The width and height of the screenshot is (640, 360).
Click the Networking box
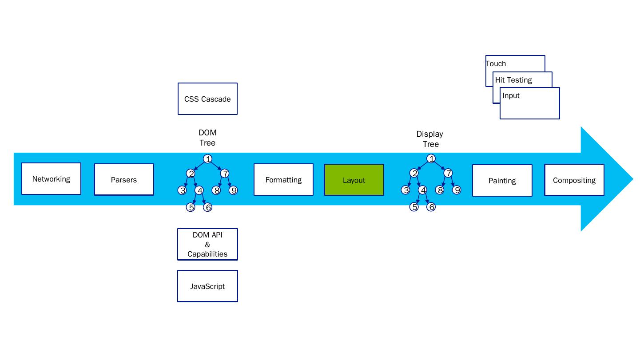tap(51, 179)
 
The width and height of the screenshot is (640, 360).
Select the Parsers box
tap(124, 180)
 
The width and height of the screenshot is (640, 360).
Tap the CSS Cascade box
tap(207, 99)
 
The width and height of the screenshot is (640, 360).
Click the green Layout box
tap(354, 180)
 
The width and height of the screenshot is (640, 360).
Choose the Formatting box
tap(283, 180)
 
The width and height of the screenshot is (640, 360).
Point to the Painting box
tap(502, 181)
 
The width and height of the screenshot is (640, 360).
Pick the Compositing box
tap(574, 180)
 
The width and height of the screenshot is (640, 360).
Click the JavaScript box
tap(207, 286)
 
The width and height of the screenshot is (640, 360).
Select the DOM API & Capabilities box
tap(207, 245)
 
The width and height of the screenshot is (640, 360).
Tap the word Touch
tap(496, 63)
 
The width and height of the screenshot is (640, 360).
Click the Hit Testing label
tap(513, 80)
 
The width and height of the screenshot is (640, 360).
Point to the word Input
tap(511, 95)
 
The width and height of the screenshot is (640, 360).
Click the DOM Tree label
tap(207, 138)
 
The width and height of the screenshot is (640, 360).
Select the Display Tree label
tap(430, 139)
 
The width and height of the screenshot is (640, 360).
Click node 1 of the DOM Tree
tap(207, 159)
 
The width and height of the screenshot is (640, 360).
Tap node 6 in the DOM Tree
tap(207, 207)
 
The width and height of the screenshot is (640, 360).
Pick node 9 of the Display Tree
tap(457, 190)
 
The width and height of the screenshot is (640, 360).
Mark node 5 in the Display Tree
tap(414, 207)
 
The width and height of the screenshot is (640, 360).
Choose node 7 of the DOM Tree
tap(225, 174)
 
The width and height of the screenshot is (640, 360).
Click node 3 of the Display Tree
tap(405, 190)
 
